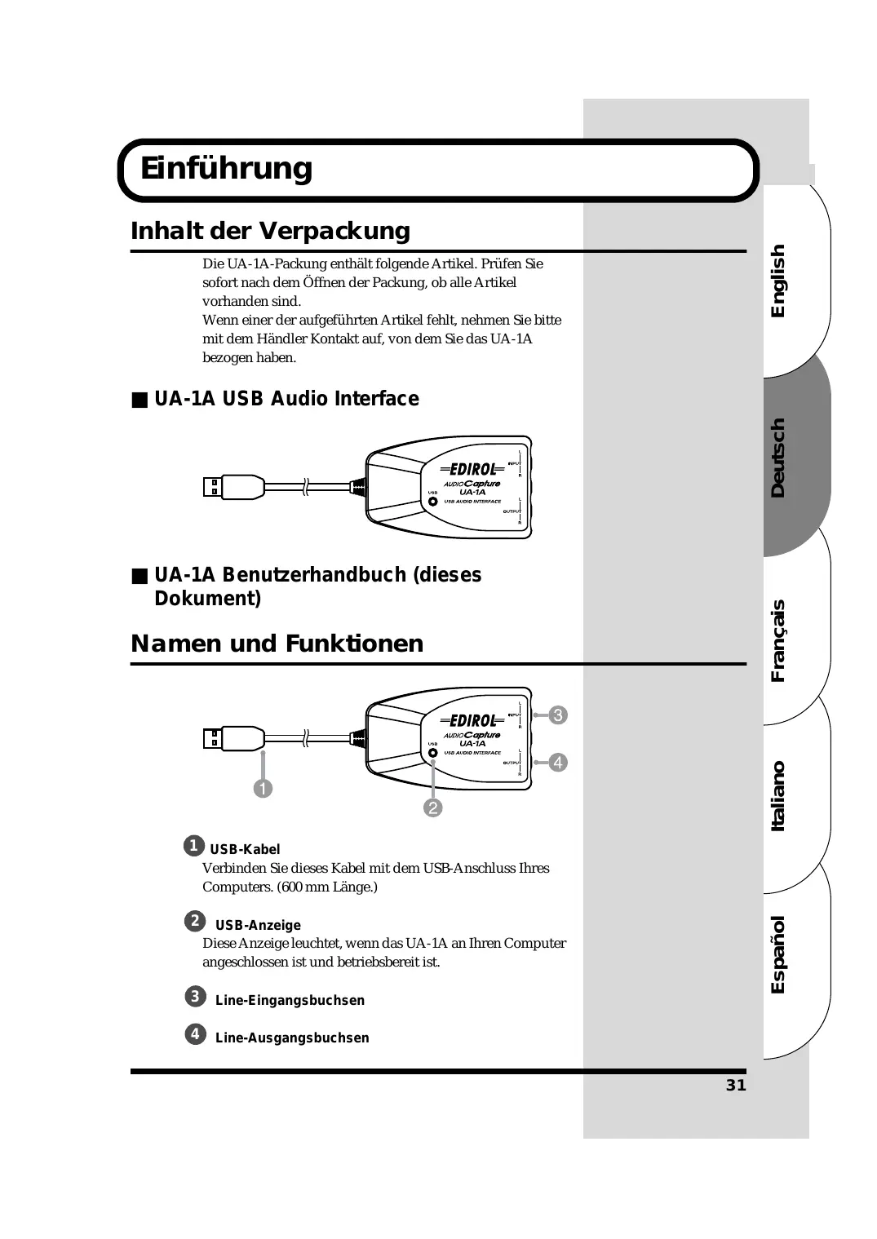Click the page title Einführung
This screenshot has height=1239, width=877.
(226, 169)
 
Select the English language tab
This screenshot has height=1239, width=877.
(778, 281)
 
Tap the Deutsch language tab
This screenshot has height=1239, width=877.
(778, 458)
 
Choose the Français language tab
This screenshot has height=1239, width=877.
(778, 640)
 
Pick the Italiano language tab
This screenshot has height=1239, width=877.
(778, 796)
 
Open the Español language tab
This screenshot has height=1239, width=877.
(778, 954)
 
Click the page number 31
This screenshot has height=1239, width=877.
(736, 1085)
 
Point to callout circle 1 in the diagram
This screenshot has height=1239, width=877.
(263, 789)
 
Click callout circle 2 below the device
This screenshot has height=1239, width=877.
(432, 808)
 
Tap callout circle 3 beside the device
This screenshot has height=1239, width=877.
(558, 715)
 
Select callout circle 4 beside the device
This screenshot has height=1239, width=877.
(558, 763)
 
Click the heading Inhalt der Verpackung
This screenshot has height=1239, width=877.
(270, 231)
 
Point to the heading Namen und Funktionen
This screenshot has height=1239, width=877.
(277, 644)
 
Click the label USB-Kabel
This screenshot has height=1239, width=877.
(245, 849)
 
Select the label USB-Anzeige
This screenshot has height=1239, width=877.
(258, 925)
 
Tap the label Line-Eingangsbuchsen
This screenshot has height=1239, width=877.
(290, 1000)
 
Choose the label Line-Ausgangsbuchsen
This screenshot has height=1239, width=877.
(292, 1038)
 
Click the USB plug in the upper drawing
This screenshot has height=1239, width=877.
(232, 487)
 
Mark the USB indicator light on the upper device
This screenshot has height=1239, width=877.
(433, 501)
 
